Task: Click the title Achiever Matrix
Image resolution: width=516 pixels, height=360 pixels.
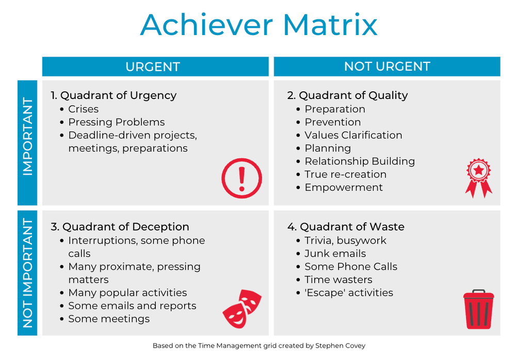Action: (x=259, y=24)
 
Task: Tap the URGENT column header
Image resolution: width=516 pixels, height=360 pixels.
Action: (x=153, y=67)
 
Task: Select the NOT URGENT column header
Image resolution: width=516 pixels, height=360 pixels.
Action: (x=387, y=67)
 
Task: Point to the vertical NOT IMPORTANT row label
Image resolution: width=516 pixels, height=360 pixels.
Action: (x=27, y=273)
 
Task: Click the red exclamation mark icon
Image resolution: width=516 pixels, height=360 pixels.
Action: (x=241, y=178)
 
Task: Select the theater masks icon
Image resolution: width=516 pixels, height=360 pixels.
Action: (x=242, y=308)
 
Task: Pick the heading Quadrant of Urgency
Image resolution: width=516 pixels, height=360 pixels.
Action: (x=114, y=95)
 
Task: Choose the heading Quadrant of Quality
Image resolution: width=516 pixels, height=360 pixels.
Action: (x=347, y=95)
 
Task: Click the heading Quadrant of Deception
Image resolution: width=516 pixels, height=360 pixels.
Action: (x=120, y=227)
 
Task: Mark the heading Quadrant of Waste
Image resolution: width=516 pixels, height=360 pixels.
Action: (x=346, y=227)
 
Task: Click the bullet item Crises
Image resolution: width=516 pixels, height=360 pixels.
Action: (x=83, y=109)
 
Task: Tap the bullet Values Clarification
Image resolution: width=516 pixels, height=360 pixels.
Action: (x=353, y=135)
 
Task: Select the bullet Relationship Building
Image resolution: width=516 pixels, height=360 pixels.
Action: (x=360, y=161)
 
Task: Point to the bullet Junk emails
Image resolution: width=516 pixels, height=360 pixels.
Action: (x=335, y=254)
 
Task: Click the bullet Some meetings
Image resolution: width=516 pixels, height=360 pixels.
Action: (x=109, y=319)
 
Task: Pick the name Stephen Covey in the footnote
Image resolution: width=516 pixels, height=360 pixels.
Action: (x=340, y=346)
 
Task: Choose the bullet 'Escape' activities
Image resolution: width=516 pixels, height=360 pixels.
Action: (x=349, y=293)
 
